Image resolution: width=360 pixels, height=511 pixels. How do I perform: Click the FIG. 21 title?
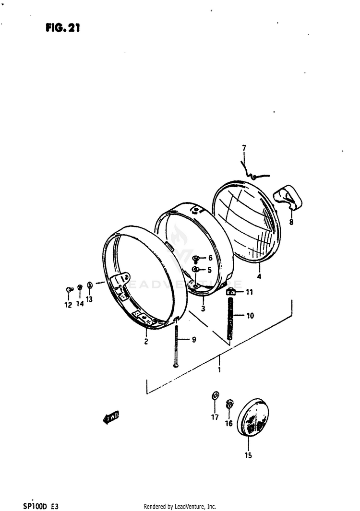pyautogui.click(x=62, y=28)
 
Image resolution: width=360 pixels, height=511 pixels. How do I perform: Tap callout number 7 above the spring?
pyautogui.click(x=244, y=148)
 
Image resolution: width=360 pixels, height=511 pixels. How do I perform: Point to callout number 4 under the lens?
pyautogui.click(x=259, y=277)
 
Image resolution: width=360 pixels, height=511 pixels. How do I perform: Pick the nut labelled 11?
pyautogui.click(x=230, y=292)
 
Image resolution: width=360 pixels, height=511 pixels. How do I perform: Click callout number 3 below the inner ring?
pyautogui.click(x=203, y=309)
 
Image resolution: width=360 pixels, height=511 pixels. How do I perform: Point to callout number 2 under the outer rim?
pyautogui.click(x=146, y=341)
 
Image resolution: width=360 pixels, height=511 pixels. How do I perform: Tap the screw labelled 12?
pyautogui.click(x=69, y=289)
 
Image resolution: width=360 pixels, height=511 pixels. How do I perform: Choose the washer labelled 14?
pyautogui.click(x=80, y=287)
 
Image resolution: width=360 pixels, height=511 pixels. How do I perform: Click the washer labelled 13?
pyautogui.click(x=90, y=285)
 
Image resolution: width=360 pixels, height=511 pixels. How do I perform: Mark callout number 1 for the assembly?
pyautogui.click(x=219, y=369)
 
